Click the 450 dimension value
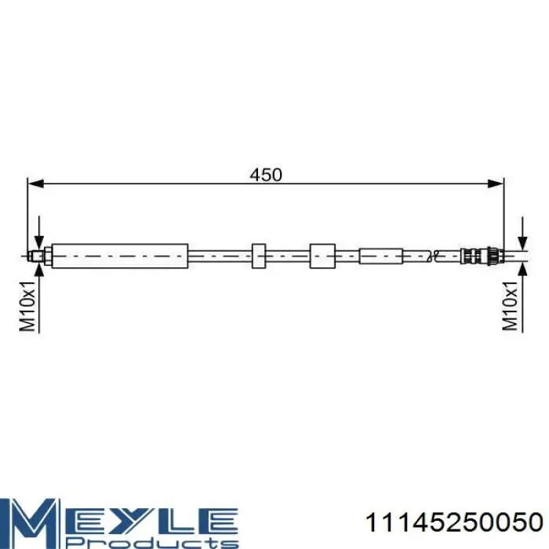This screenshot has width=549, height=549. click(x=266, y=175)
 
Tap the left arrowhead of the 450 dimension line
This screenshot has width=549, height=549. click(x=35, y=184)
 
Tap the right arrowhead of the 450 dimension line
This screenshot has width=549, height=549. click(x=496, y=184)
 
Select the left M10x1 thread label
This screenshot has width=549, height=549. click(x=27, y=305)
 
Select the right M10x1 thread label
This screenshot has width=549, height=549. click(x=510, y=305)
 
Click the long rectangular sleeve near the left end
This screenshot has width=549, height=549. click(x=120, y=256)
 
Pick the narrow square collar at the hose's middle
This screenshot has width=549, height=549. click(x=259, y=256)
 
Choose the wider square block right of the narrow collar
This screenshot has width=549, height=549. click(x=322, y=256)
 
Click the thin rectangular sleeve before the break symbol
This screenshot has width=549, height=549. click(x=381, y=256)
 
